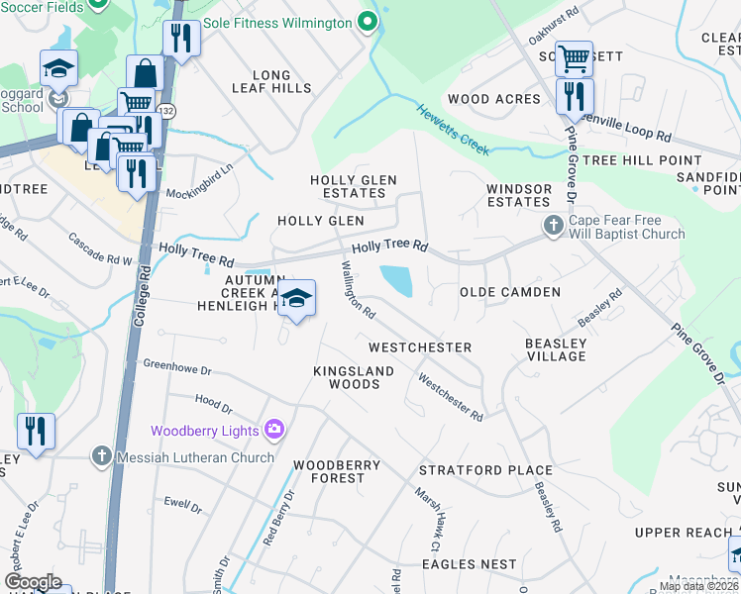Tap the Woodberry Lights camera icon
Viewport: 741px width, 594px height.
[273, 430]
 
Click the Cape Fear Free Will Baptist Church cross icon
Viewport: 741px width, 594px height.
[555, 227]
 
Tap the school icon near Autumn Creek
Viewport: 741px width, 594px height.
[295, 298]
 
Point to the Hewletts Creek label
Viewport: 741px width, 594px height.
[452, 129]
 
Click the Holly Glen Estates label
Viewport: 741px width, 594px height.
[354, 186]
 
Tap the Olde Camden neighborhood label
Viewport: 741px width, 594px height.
[510, 292]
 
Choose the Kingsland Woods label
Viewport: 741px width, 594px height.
[354, 377]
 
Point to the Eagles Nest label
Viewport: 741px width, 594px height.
[470, 564]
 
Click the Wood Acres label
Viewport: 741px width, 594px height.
[494, 99]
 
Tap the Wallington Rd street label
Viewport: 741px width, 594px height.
[358, 289]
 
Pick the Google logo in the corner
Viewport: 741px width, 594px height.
[33, 582]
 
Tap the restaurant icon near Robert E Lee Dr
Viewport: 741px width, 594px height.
[36, 432]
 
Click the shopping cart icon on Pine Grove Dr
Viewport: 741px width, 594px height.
[574, 58]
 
